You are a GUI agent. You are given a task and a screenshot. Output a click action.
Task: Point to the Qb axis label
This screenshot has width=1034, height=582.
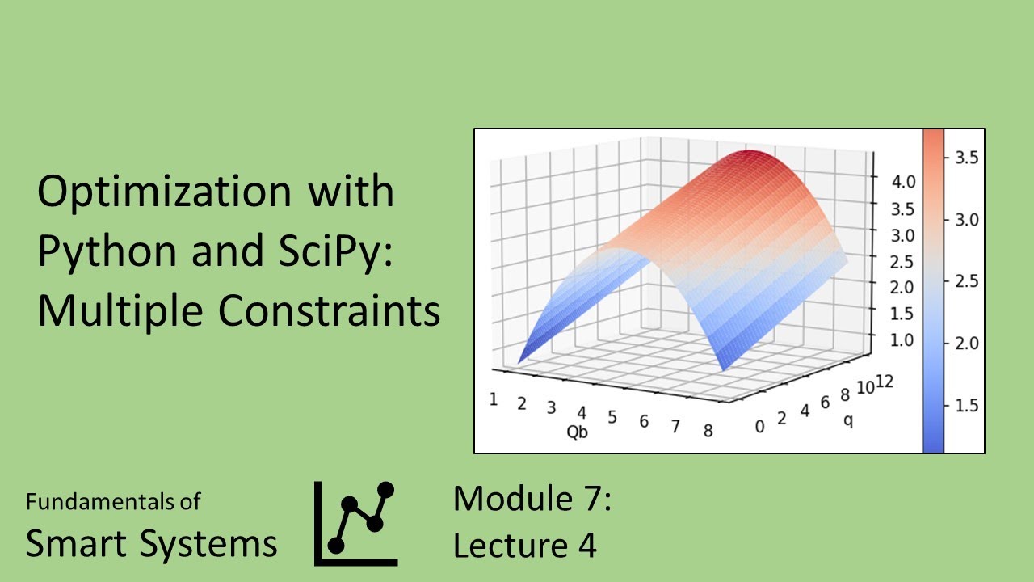click(577, 432)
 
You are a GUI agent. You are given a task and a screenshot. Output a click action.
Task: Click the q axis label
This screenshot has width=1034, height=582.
click(847, 420)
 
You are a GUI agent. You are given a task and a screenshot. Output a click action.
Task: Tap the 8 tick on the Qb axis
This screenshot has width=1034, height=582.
click(708, 431)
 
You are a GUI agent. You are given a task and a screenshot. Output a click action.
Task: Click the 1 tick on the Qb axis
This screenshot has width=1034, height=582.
click(493, 399)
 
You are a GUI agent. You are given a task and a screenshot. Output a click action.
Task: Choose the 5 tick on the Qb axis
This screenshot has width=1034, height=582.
click(612, 417)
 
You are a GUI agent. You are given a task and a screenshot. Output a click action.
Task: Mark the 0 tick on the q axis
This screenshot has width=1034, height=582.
click(759, 426)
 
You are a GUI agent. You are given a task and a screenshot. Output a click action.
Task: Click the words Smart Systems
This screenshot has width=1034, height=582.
click(151, 544)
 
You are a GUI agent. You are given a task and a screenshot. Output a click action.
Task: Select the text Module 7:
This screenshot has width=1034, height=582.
click(532, 498)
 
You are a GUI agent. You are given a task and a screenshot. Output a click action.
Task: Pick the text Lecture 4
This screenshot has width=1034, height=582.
click(524, 546)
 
